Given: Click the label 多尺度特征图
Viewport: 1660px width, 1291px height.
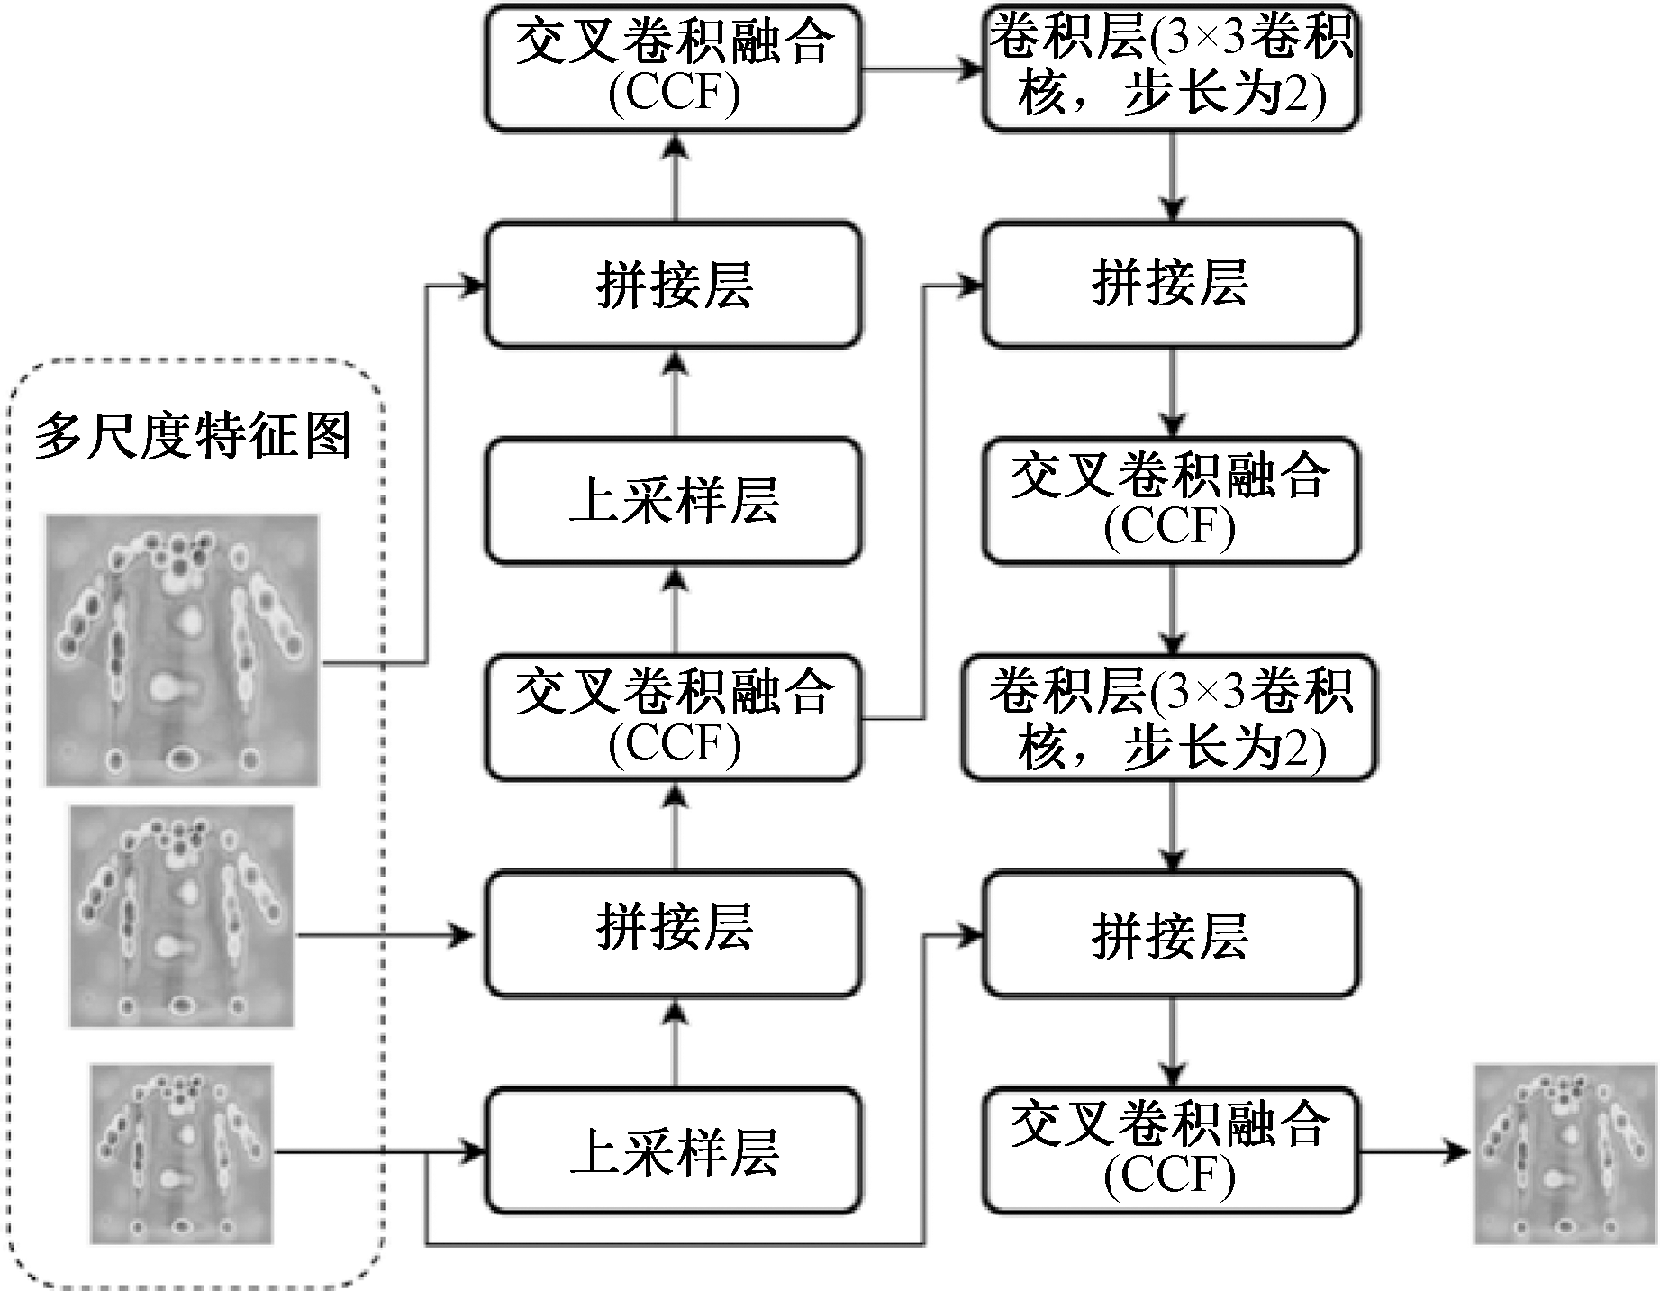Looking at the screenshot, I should (x=193, y=438).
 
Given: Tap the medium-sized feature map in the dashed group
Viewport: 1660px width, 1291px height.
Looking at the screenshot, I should (x=182, y=916).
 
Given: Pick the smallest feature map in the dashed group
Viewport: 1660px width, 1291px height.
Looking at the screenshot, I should (x=181, y=1154).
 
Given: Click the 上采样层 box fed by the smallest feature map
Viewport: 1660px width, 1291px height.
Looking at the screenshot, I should (x=674, y=1151).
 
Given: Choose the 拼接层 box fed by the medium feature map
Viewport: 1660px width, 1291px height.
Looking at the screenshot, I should (x=674, y=933).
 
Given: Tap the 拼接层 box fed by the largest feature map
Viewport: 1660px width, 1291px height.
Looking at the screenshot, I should (x=674, y=285).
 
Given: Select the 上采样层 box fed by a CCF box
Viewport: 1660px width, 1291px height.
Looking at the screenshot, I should (x=674, y=501).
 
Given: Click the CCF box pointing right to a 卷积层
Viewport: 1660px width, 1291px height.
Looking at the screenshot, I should (x=674, y=68).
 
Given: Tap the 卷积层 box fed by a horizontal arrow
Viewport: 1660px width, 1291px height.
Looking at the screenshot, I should (x=1170, y=68).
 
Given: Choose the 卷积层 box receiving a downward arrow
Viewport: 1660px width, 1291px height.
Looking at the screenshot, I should (x=1170, y=718).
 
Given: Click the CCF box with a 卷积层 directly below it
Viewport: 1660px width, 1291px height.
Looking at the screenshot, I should (x=1170, y=501).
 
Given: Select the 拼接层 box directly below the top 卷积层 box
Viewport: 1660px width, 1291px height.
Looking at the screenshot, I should (x=1170, y=285).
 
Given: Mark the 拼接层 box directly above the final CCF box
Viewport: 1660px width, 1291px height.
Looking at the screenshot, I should (x=1170, y=933).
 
